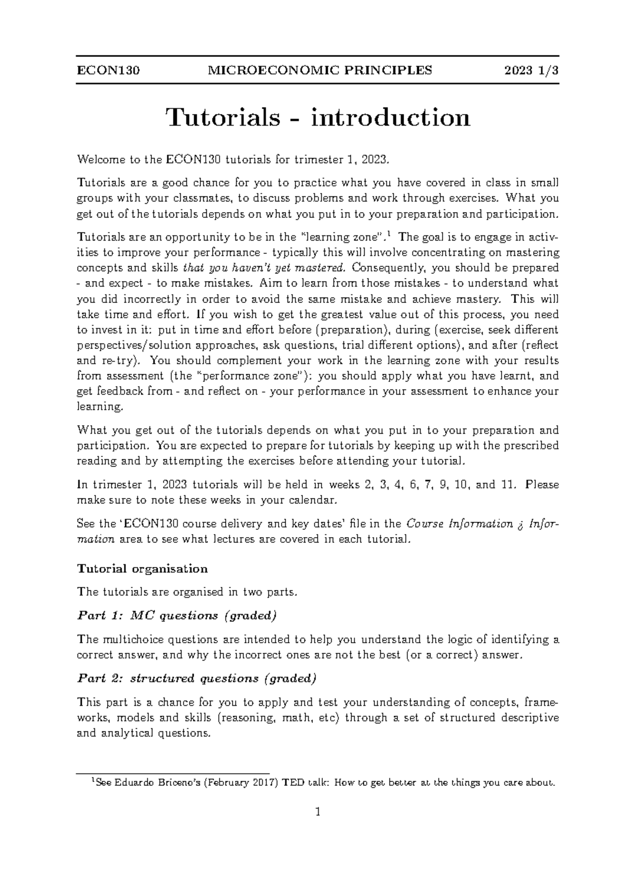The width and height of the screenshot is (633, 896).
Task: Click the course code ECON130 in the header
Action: point(108,70)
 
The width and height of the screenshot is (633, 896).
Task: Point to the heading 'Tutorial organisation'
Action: point(142,569)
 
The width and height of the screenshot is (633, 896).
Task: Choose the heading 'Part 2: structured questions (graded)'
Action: point(197,678)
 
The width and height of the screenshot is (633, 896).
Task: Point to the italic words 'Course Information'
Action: point(459,524)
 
